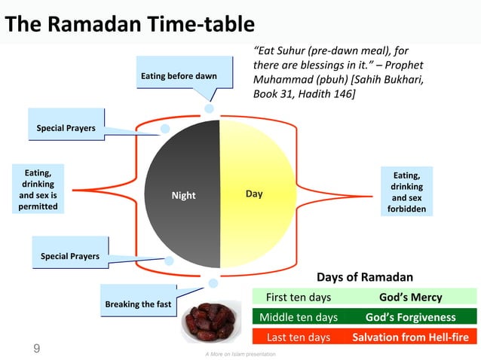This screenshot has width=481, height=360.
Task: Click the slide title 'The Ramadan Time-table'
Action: pos(130,25)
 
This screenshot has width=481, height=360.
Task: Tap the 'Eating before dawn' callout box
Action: pos(179,76)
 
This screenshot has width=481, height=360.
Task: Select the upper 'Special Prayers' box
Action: pos(66,129)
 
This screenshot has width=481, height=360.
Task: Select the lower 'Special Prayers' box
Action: pos(69,257)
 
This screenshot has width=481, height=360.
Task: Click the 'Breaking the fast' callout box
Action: pos(138,304)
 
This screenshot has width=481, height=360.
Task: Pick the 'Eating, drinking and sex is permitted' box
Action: pos(37,189)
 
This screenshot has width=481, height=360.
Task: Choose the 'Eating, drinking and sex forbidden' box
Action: pos(407,192)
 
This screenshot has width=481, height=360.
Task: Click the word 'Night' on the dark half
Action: pos(183,196)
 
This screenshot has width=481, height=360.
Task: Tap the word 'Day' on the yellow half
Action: pos(254,194)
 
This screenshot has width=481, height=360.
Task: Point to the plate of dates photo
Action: pos(214,322)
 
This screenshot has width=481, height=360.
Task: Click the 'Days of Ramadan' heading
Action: pos(364,276)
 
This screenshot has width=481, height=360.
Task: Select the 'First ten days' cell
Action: pos(299,297)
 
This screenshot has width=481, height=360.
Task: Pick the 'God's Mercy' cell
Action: pos(410,297)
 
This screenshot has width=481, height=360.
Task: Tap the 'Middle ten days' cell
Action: pos(299,317)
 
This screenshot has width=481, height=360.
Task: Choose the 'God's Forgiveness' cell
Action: pos(410,317)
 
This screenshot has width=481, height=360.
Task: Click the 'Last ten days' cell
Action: pos(299,337)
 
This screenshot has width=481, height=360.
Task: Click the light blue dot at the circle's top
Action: pos(209,108)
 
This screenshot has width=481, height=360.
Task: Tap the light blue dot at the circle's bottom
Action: pos(213,283)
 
